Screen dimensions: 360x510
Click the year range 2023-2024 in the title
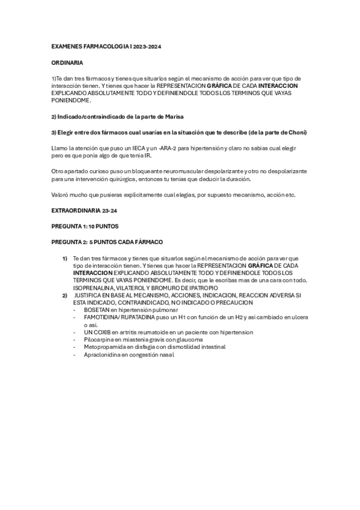point(147,46)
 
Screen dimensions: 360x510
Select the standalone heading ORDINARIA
point(67,63)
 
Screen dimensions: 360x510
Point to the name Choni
point(295,131)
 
